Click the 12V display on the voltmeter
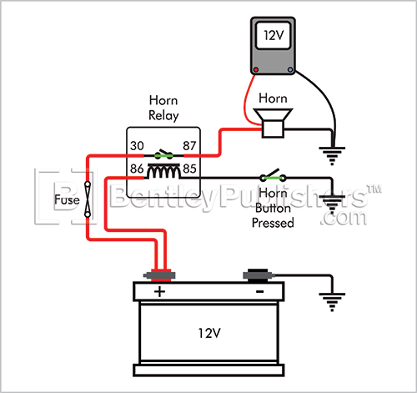pos(273,36)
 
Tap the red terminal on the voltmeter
pos(256,69)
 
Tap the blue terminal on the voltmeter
pos(290,69)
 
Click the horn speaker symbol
pos(273,123)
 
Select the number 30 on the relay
pos(137,146)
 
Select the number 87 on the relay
pos(189,146)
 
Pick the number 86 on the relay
pos(137,169)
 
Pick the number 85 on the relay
pos(189,169)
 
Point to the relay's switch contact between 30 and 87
pos(163,154)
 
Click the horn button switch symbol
pos(273,175)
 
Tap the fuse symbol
pos(88,199)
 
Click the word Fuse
pos(67,199)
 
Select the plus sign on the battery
pos(159,292)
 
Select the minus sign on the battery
pos(259,291)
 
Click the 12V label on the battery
pos(209,333)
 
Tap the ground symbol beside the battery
pos(332,302)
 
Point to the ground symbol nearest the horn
pos(332,156)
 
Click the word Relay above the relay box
pos(163,116)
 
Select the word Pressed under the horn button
pos(273,223)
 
